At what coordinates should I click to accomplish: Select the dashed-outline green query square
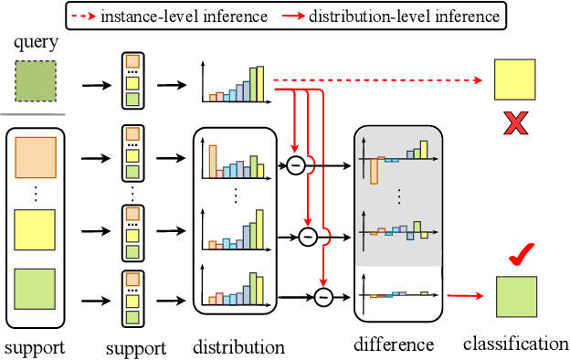click(37, 79)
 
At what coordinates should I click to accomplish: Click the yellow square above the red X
click(515, 79)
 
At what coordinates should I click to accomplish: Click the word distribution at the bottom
click(238, 347)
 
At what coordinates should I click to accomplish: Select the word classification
click(515, 344)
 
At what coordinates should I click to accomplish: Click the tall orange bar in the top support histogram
click(213, 160)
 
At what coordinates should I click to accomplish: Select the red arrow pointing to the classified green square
click(465, 296)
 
